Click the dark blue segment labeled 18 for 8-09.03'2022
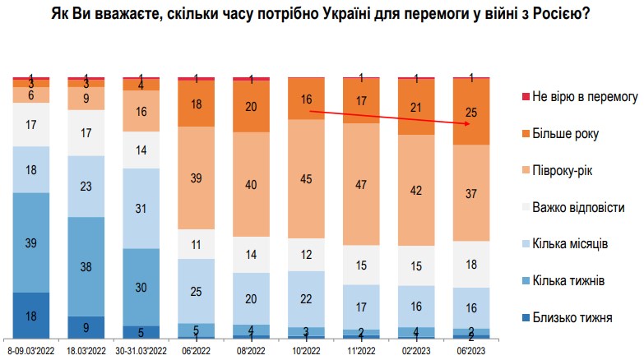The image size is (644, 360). coord(30,315)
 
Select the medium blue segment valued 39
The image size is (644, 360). coord(30,242)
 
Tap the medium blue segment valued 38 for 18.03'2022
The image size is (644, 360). coord(86,266)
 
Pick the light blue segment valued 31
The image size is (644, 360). coord(141,208)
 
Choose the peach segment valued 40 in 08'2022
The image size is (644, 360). coord(251,184)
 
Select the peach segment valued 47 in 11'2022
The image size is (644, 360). coord(361,183)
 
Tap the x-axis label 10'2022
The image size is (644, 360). coord(306,351)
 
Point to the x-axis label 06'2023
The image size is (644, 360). coord(472,351)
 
